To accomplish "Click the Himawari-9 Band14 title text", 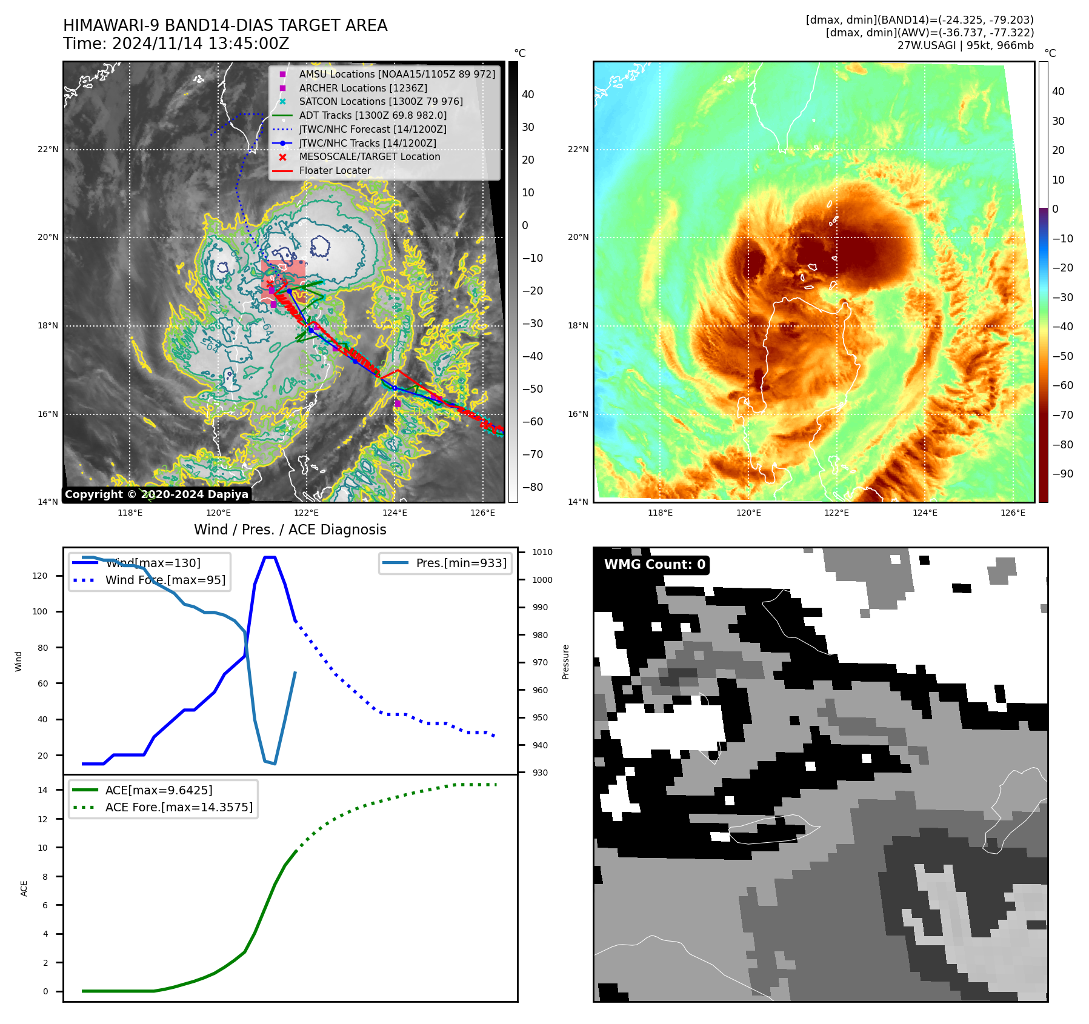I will (x=225, y=25).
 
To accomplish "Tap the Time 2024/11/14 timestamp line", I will (x=176, y=44).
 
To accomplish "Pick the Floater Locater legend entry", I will (x=335, y=170).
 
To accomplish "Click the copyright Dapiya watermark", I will (x=156, y=494).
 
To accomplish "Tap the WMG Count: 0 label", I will (x=654, y=565).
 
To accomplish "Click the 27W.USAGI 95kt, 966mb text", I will (x=965, y=45).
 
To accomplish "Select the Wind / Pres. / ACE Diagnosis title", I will (x=290, y=530).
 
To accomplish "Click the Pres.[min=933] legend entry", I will (x=461, y=563).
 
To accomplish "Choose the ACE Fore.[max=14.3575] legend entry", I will (x=178, y=807).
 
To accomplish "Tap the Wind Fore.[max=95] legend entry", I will (x=165, y=580).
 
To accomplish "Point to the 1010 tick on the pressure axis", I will (x=542, y=552).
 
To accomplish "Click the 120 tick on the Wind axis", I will (x=40, y=576).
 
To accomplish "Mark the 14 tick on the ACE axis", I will (x=42, y=790).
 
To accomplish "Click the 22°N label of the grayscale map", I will (x=48, y=149).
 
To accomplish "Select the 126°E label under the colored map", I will (x=1013, y=513).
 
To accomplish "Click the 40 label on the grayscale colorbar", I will (x=528, y=95).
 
